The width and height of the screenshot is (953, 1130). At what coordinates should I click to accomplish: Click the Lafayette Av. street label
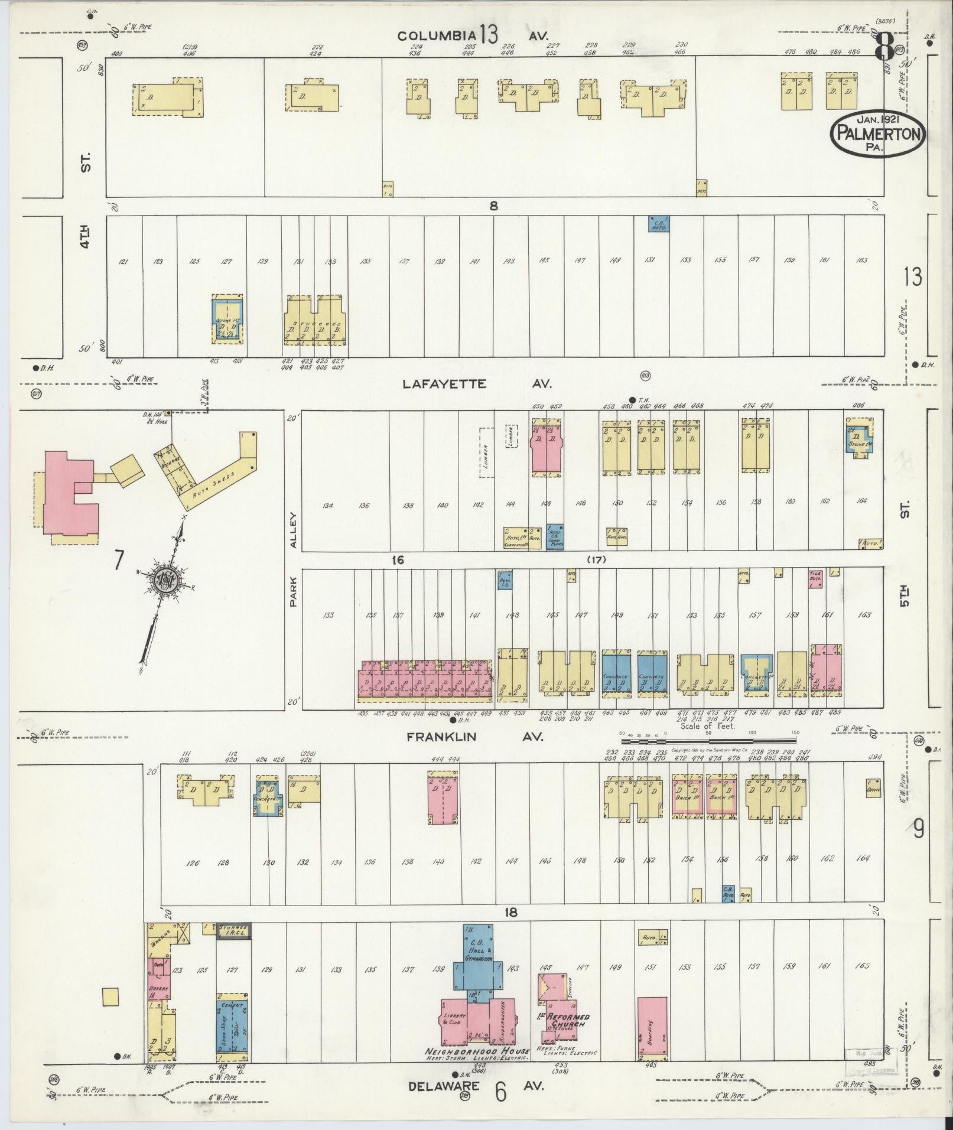(476, 384)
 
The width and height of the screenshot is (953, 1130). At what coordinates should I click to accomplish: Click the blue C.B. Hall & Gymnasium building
(482, 966)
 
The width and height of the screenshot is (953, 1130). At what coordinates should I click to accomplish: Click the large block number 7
(118, 560)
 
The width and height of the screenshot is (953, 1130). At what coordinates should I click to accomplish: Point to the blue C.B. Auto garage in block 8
(659, 223)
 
